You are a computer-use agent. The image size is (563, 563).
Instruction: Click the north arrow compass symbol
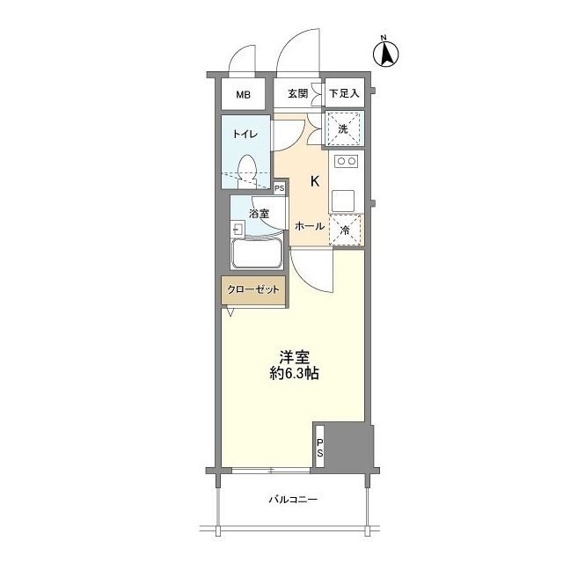pyautogui.click(x=384, y=54)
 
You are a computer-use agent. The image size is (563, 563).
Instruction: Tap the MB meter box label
pyautogui.click(x=242, y=94)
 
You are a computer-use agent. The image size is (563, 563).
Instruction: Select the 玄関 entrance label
pyautogui.click(x=297, y=94)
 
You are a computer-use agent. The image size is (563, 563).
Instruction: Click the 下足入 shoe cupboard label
pyautogui.click(x=345, y=94)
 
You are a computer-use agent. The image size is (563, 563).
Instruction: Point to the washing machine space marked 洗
pyautogui.click(x=344, y=128)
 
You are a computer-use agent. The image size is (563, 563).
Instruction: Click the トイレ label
pyautogui.click(x=245, y=135)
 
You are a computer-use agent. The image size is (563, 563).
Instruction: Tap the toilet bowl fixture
pyautogui.click(x=248, y=169)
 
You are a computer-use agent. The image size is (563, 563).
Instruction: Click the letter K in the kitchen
pyautogui.click(x=314, y=182)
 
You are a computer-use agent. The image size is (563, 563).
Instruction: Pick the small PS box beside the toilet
pyautogui.click(x=280, y=188)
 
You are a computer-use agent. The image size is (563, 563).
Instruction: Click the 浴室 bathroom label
pyautogui.click(x=258, y=214)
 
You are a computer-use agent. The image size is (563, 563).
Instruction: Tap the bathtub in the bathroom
pyautogui.click(x=256, y=254)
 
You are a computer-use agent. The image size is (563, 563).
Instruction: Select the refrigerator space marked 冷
pyautogui.click(x=346, y=230)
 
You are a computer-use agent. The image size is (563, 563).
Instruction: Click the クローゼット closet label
pyautogui.click(x=253, y=290)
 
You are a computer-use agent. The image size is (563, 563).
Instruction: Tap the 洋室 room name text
pyautogui.click(x=294, y=356)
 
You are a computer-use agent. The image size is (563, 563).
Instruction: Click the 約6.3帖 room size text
pyautogui.click(x=294, y=373)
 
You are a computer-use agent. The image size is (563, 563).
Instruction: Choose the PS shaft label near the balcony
pyautogui.click(x=320, y=447)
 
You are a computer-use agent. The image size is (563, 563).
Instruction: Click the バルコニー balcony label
pyautogui.click(x=293, y=501)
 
